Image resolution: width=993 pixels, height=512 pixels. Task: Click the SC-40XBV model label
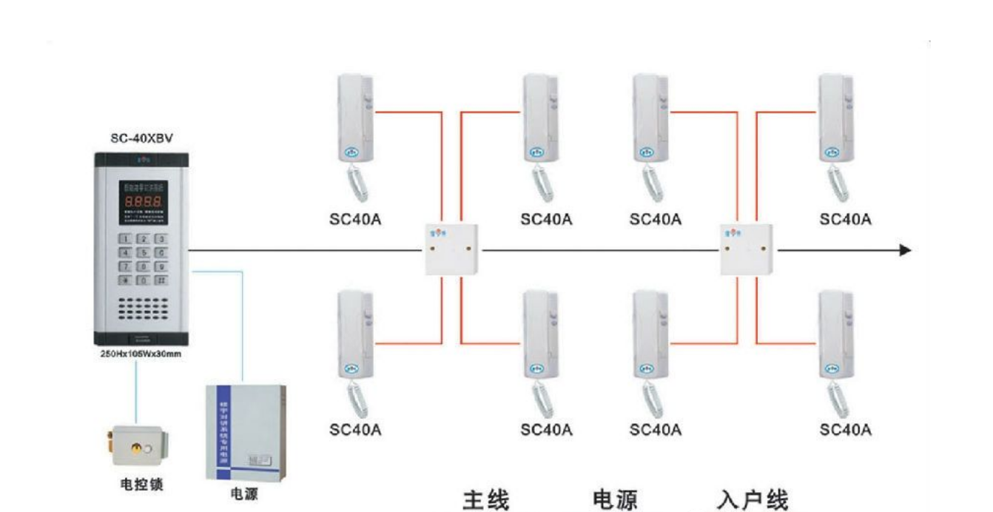[x=141, y=138]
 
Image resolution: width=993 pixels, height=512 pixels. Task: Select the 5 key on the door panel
[x=141, y=252]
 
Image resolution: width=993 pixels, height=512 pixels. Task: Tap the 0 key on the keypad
[x=141, y=280]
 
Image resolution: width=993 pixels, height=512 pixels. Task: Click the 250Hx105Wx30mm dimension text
[x=141, y=354]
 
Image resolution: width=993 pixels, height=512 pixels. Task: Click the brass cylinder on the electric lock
[x=137, y=448]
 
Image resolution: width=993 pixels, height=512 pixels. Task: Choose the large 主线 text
[x=486, y=499]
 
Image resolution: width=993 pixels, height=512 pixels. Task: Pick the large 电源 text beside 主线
[x=614, y=499]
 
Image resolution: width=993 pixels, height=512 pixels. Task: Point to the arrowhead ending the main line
[x=905, y=250]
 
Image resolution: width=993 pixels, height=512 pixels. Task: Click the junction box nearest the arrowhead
[x=747, y=250]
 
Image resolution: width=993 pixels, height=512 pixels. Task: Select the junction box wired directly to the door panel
[x=451, y=250]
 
